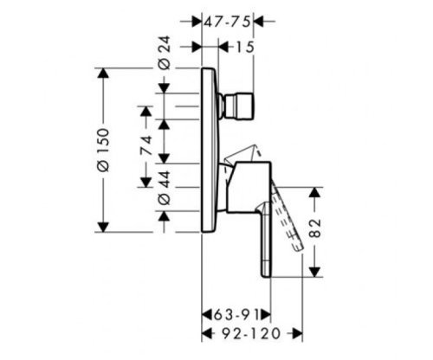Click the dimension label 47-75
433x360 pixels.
pos(227,22)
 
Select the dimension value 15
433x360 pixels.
pos(245,48)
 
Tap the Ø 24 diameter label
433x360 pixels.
pos(165,53)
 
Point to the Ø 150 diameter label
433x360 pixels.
pos(104,150)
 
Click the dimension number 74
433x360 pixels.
pos(145,145)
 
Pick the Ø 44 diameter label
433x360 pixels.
pos(165,188)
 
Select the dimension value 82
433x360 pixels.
pos(315,228)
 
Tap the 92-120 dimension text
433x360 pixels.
pos(251,334)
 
